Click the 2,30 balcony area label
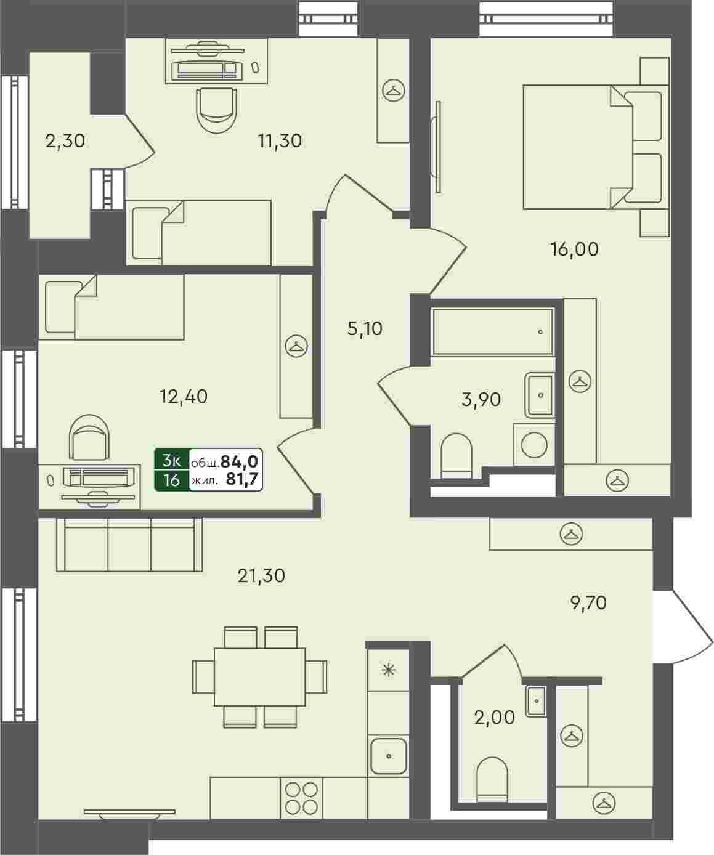tap(65, 141)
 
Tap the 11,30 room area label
tap(280, 141)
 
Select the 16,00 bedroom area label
tap(574, 249)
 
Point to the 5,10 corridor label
tap(365, 328)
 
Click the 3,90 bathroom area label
tap(481, 399)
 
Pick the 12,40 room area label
tap(184, 396)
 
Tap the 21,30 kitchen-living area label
tap(261, 576)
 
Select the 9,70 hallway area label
tap(588, 603)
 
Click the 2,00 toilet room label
tap(495, 718)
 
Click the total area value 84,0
tap(239, 461)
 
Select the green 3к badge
tap(172, 461)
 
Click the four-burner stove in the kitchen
tap(301, 798)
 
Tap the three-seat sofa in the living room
tap(129, 545)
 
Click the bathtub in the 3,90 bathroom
tap(493, 331)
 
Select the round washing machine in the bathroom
tap(535, 445)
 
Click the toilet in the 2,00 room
tap(492, 779)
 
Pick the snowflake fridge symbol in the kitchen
tap(388, 670)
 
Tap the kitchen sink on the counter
tap(389, 756)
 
